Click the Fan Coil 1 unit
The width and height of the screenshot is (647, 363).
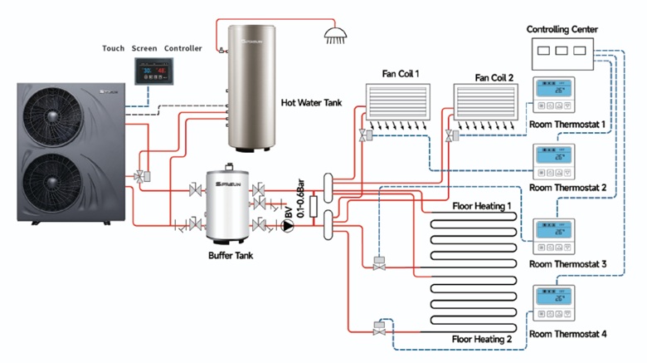(x=400, y=102)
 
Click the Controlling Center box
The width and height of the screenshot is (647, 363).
(x=562, y=52)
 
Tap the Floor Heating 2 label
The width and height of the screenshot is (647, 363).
(x=482, y=340)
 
